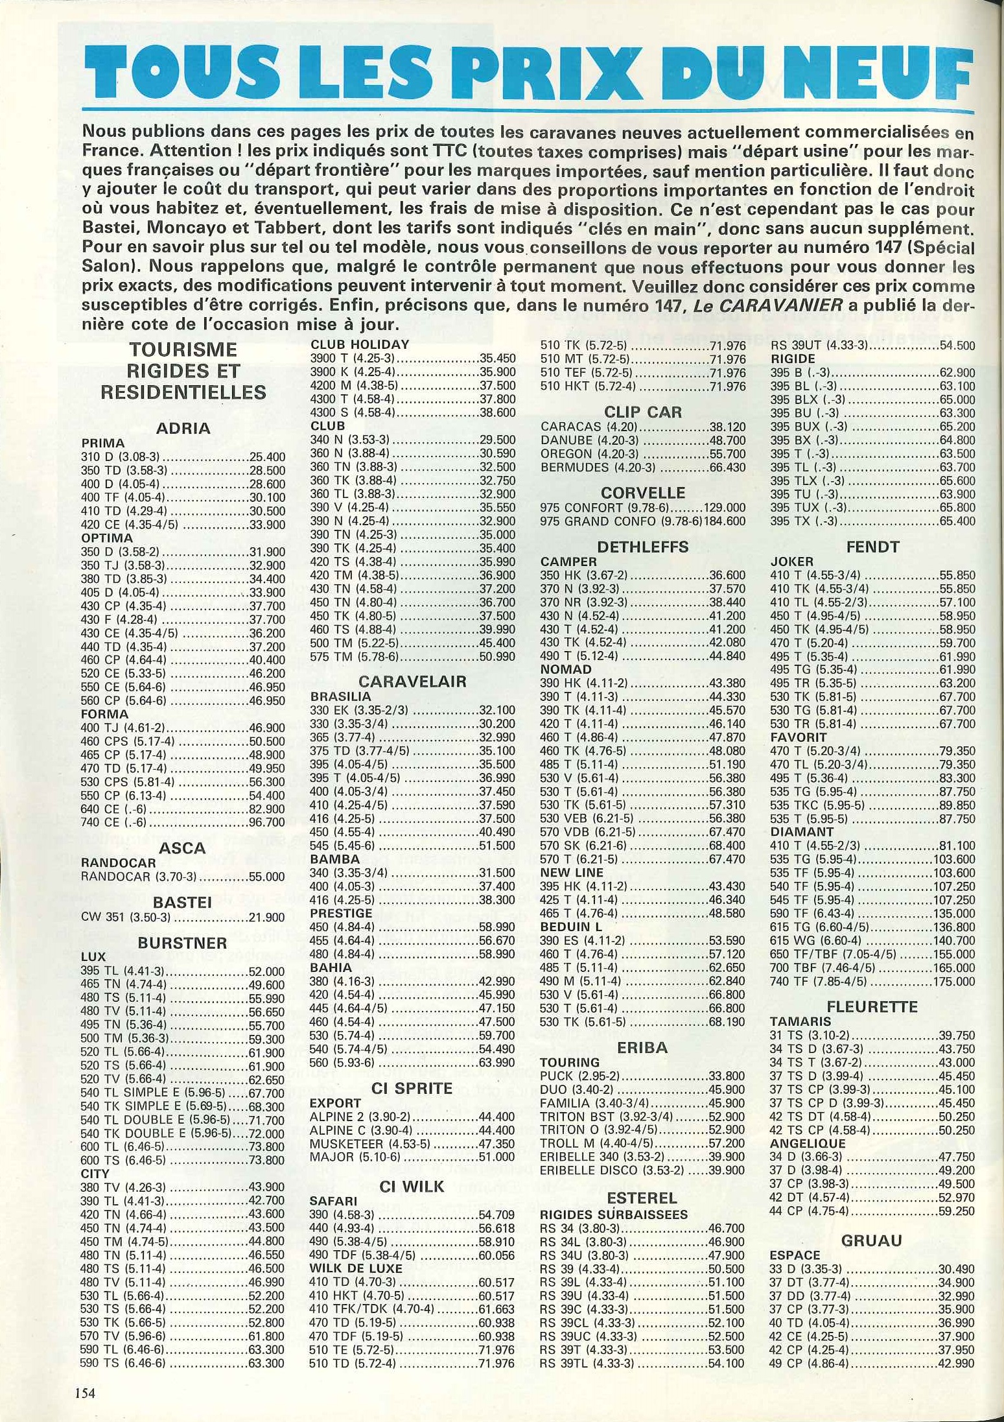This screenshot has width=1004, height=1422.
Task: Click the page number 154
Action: (85, 1390)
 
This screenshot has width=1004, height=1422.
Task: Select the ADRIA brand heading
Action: (183, 428)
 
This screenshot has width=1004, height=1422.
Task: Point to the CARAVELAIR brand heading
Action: (412, 681)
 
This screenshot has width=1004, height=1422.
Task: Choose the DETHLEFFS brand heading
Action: (642, 547)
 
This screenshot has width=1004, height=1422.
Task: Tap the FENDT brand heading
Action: (872, 547)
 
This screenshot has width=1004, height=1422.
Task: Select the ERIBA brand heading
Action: (642, 1047)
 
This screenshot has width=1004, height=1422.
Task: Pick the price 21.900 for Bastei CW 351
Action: (267, 917)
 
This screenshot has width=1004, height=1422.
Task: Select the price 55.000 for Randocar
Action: (267, 877)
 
